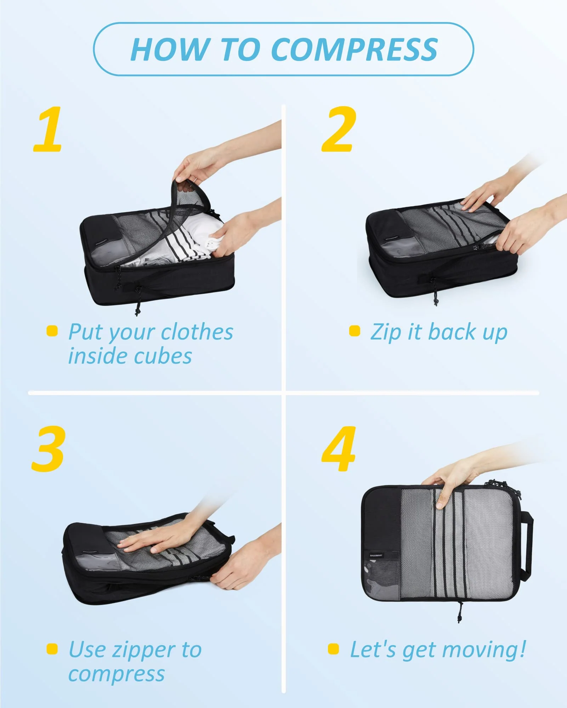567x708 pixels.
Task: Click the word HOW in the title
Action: click(x=169, y=50)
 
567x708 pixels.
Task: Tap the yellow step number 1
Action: click(x=48, y=130)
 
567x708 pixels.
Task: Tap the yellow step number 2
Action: click(x=338, y=130)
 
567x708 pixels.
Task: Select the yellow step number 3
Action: click(x=49, y=449)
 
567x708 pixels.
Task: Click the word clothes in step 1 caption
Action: click(x=197, y=332)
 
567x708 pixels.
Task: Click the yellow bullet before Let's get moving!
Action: click(x=333, y=649)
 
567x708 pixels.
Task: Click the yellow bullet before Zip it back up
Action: click(x=355, y=331)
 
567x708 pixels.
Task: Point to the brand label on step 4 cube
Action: click(x=376, y=555)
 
